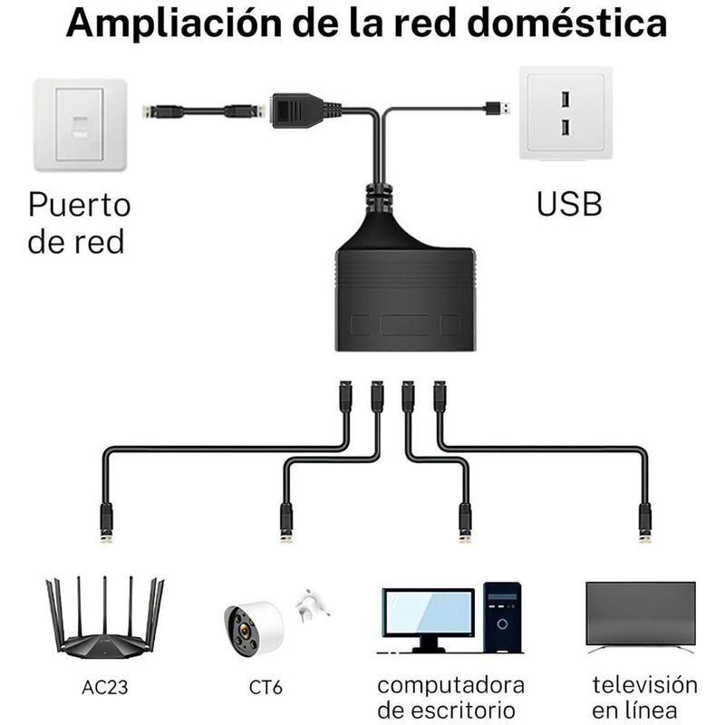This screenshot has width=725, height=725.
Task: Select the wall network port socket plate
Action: point(80,125)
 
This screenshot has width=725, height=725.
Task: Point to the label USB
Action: point(569,204)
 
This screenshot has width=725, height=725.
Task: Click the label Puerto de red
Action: point(80,223)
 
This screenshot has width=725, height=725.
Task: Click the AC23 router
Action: point(105,620)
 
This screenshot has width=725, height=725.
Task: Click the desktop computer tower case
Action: point(501,618)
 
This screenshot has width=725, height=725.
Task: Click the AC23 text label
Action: point(105,688)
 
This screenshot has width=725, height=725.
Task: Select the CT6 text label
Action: point(266,688)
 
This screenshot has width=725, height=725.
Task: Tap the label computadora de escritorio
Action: point(450,696)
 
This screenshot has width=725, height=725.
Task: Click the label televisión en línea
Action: point(644,696)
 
